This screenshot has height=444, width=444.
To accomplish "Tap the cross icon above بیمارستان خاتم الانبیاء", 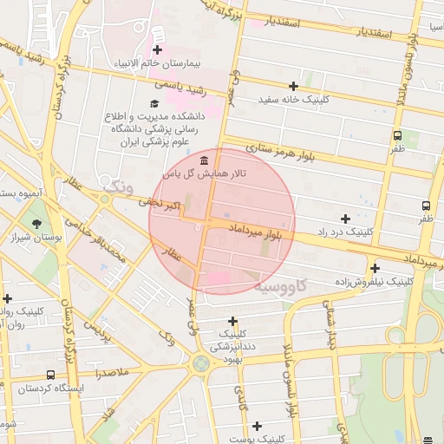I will click(x=157, y=50).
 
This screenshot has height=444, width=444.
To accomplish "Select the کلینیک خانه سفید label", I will click(x=294, y=100).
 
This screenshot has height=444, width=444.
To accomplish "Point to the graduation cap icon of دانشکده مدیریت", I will click(x=155, y=104).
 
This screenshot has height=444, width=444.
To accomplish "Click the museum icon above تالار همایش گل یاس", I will click(x=204, y=161).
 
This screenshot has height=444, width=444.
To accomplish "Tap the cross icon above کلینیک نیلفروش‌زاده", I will click(x=375, y=268).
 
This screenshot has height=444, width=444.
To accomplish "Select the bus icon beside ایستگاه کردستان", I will click(x=51, y=375).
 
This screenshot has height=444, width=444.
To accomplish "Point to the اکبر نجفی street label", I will click(x=161, y=204).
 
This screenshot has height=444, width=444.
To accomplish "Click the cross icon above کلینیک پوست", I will click(x=257, y=426).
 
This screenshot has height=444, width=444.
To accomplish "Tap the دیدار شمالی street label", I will click(x=329, y=322).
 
